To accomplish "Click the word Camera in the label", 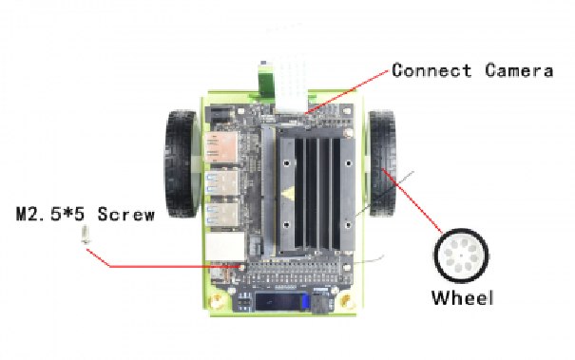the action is [x=519, y=70].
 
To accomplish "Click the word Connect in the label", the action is [x=431, y=70].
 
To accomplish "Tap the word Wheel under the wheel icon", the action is [x=463, y=297].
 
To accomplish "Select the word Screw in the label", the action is [x=125, y=214].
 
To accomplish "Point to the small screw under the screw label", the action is [x=86, y=235].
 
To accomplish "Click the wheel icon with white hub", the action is [x=461, y=256].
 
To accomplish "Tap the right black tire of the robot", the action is [x=382, y=163].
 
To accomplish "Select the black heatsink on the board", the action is [x=315, y=189].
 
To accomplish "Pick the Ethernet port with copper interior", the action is [x=221, y=147].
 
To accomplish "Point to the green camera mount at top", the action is [x=265, y=82].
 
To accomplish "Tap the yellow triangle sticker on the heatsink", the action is [x=288, y=193].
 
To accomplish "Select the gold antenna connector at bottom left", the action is [x=217, y=302].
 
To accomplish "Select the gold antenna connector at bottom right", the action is [x=346, y=302].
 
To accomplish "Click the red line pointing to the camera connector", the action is [x=346, y=92].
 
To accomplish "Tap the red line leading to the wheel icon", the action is [x=412, y=200].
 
